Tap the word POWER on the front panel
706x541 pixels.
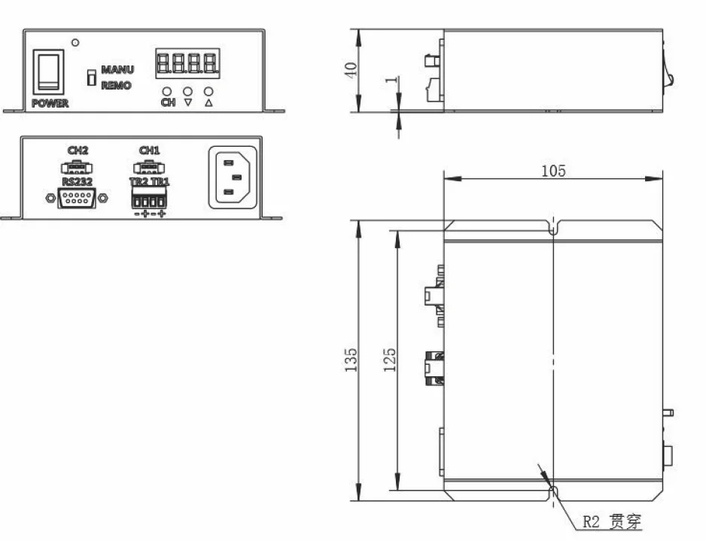pos(50,103)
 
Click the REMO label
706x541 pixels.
pos(116,86)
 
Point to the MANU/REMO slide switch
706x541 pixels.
pos(90,78)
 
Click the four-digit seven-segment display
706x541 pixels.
pos(187,63)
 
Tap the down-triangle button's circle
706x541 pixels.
pos(188,92)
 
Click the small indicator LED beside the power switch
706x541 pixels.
pos(75,42)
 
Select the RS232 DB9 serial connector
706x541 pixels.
pos(76,198)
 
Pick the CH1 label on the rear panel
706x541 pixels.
pos(149,150)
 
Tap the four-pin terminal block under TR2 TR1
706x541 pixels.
pos(149,201)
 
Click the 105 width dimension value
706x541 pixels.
pos(553,170)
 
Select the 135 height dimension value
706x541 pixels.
pos(351,360)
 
